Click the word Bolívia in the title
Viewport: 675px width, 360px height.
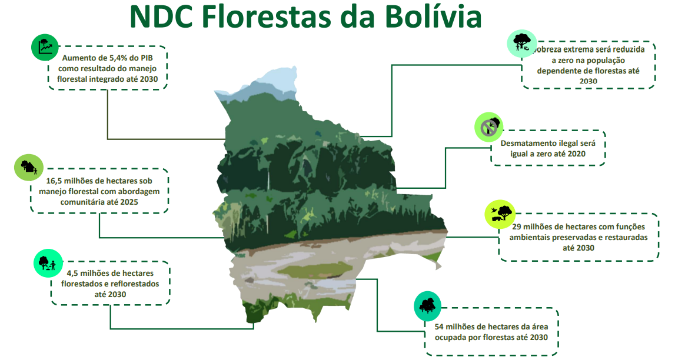coord(434,17)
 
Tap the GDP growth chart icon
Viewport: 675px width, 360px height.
coord(45,47)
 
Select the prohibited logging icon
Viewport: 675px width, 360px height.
coord(488,127)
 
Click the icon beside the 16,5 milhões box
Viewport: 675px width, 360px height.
coord(28,167)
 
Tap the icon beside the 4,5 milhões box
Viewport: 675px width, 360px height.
coord(48,263)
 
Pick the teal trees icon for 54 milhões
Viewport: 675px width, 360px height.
coord(427,306)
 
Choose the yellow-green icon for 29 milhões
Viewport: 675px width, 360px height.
coord(500,214)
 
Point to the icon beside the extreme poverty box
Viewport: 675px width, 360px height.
coord(522,44)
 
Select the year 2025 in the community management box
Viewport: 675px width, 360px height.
coord(129,202)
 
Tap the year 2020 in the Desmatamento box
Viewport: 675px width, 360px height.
coord(576,154)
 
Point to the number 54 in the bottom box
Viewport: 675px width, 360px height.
coord(439,327)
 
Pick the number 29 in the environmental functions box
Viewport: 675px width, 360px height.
coord(517,226)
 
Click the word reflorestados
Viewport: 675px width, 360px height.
coord(135,284)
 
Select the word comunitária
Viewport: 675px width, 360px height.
coord(81,202)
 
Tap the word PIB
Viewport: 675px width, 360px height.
coord(147,58)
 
